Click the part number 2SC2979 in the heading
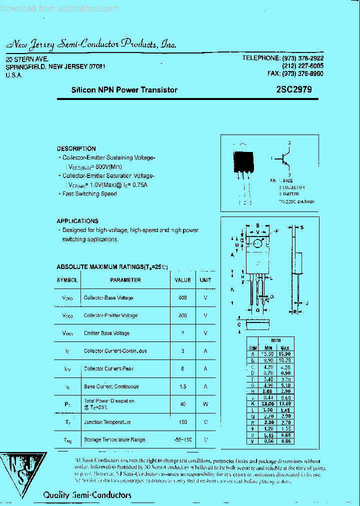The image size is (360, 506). point(293,90)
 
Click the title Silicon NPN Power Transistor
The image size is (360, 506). point(124,90)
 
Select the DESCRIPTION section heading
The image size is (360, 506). point(76,148)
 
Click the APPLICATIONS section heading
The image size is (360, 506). point(77,221)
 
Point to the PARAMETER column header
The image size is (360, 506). point(125,280)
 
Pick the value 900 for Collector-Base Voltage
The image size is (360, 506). point(182,298)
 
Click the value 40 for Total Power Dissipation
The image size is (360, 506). point(182,404)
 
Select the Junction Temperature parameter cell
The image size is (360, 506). point(107,422)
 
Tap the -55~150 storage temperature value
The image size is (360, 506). point(182,440)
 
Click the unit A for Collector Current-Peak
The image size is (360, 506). point(205,368)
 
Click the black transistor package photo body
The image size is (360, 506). point(242,161)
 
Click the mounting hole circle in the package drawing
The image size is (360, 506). point(257,243)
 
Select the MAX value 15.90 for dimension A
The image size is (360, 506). point(285,354)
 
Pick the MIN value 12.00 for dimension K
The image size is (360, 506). point(268,403)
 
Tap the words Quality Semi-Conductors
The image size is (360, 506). point(87,495)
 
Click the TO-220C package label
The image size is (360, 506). point(296,201)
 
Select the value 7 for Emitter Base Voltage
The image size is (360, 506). point(182,333)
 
